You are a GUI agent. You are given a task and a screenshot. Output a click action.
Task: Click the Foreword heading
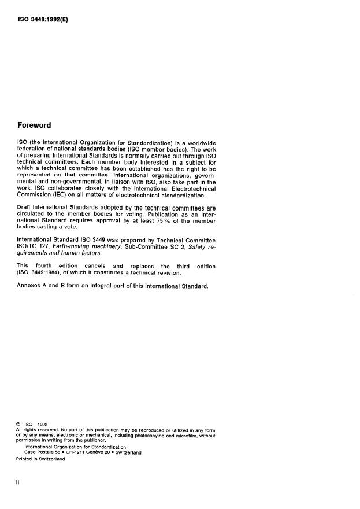(x=35, y=125)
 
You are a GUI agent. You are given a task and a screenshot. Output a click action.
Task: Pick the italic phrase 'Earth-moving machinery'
(x=81, y=247)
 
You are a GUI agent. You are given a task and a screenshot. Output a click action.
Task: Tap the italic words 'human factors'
(x=83, y=254)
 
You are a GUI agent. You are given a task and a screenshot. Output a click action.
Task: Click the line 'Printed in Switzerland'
(x=40, y=458)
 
